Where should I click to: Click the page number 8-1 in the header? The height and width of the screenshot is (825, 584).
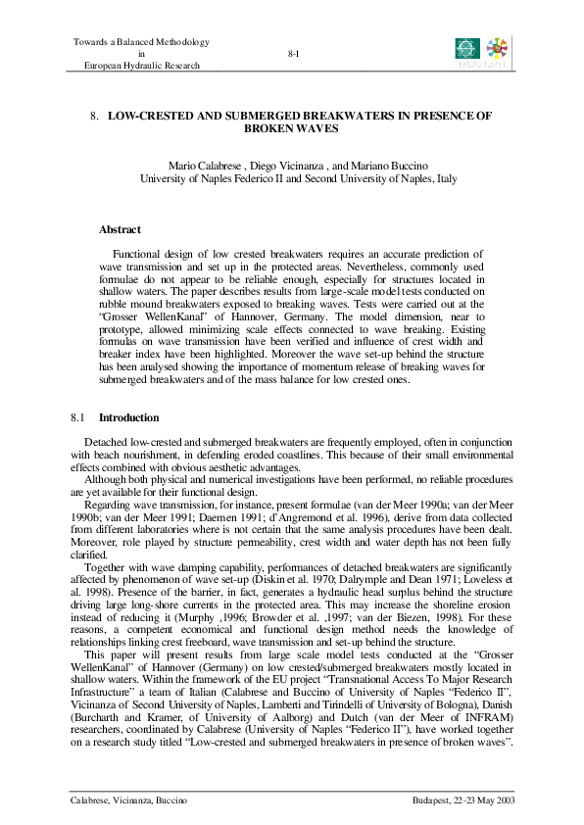[293, 54]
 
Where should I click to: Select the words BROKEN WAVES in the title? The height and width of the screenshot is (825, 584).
[292, 128]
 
